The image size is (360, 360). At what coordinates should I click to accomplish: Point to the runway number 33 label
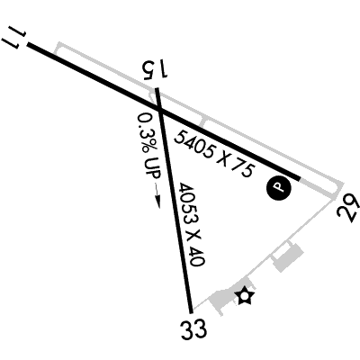click(x=193, y=328)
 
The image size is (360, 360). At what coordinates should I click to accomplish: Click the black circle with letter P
click(x=279, y=188)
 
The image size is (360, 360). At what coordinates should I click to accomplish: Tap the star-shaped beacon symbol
click(x=245, y=296)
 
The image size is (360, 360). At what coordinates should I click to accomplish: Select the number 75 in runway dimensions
click(x=241, y=170)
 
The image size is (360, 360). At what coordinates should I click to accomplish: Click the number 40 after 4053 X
click(x=198, y=256)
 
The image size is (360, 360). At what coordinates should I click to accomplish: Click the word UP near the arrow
click(x=153, y=167)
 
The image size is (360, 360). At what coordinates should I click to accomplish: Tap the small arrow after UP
click(x=157, y=196)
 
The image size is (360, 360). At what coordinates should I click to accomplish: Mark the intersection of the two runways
click(x=161, y=111)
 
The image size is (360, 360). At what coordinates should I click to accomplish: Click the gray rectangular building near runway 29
click(x=288, y=257)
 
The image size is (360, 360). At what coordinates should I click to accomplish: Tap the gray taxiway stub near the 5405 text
click(x=203, y=123)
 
